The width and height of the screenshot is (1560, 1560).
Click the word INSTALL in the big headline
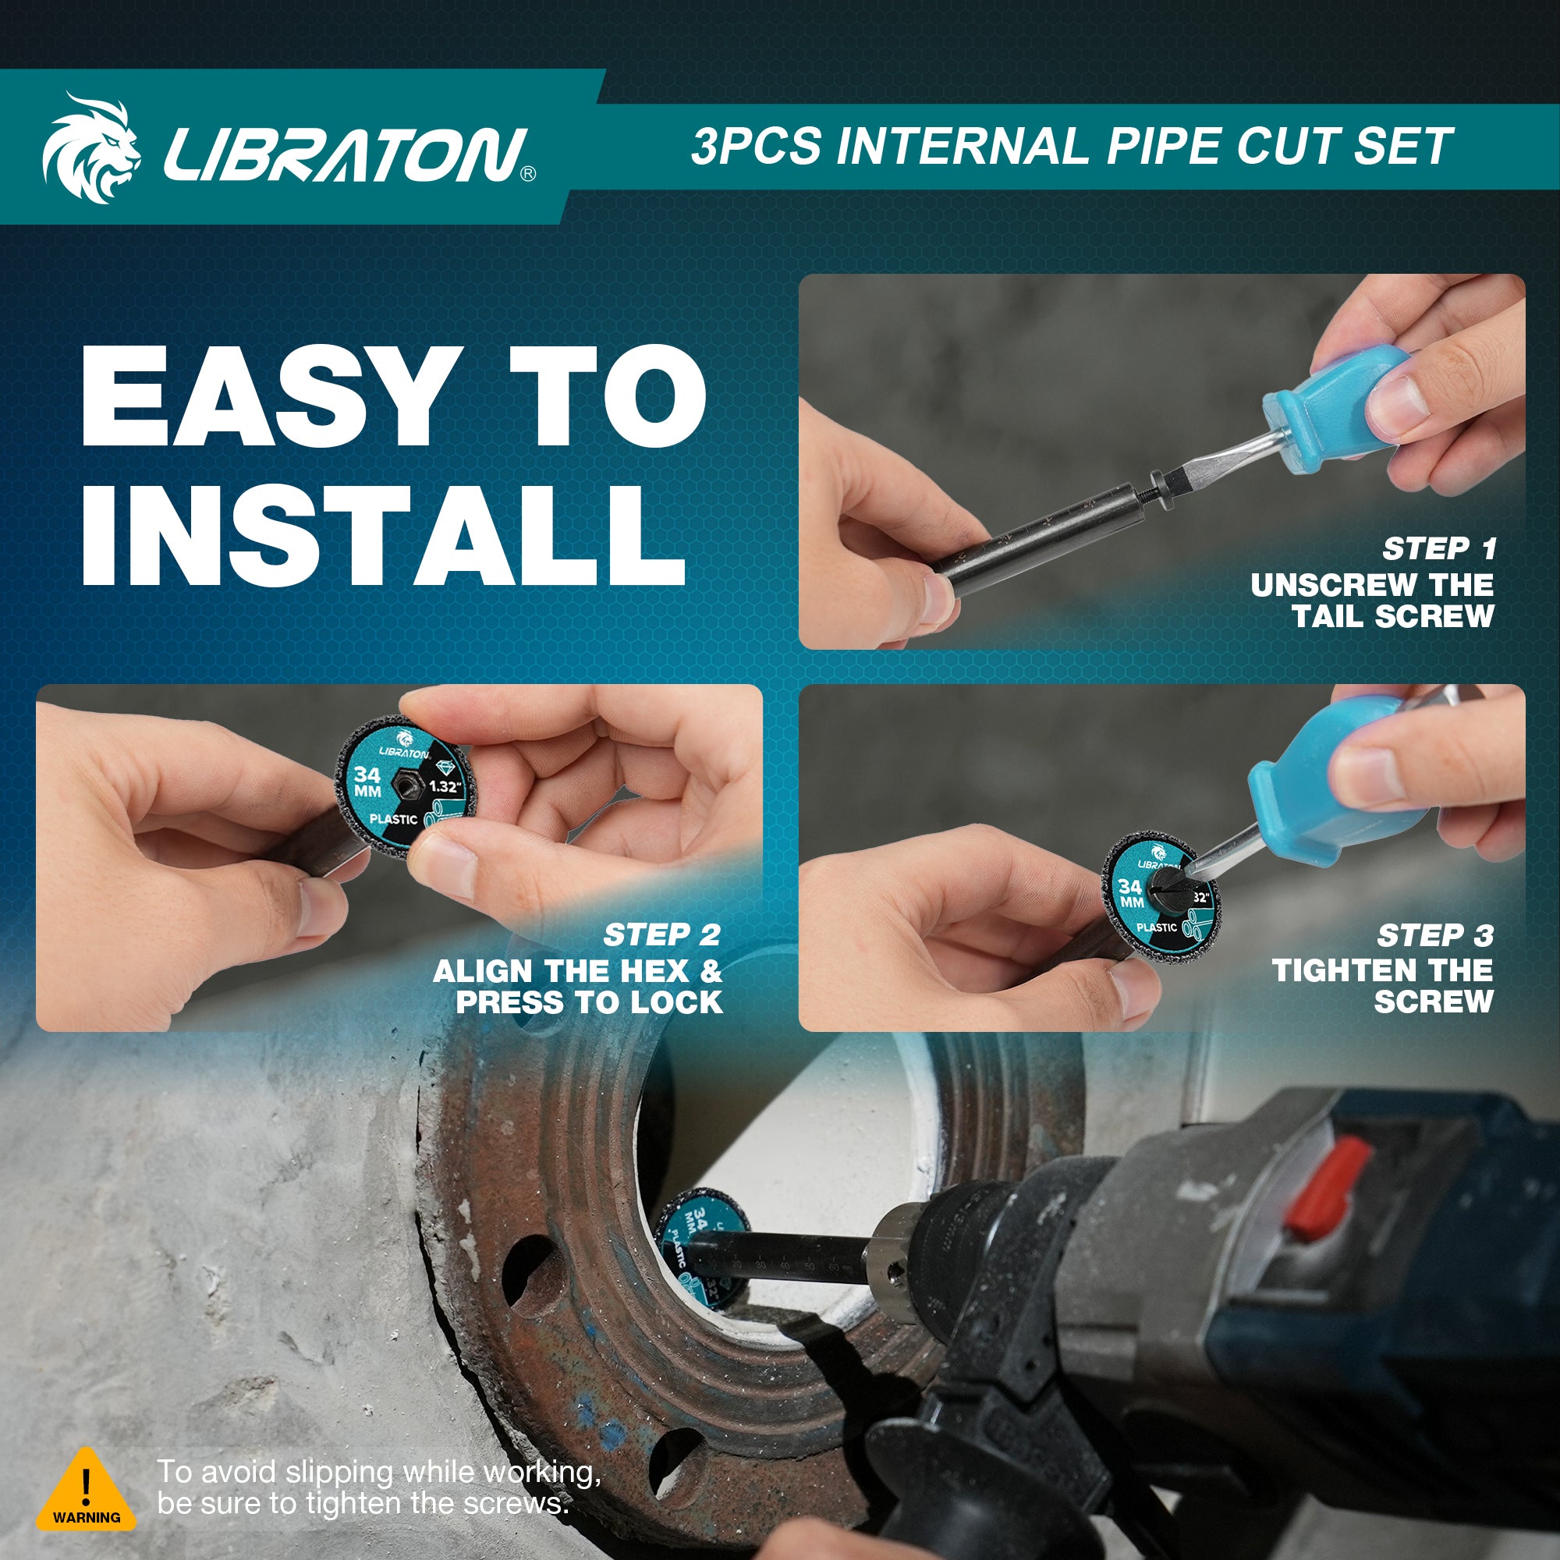[384, 534]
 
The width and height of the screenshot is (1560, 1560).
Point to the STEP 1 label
[1439, 549]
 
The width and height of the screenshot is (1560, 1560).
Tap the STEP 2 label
[661, 935]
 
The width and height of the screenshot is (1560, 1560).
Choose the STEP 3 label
[1435, 936]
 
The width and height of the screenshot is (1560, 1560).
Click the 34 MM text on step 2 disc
[367, 781]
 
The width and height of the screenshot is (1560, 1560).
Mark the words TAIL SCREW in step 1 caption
[1392, 616]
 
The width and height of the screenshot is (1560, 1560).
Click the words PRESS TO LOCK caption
[589, 1002]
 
